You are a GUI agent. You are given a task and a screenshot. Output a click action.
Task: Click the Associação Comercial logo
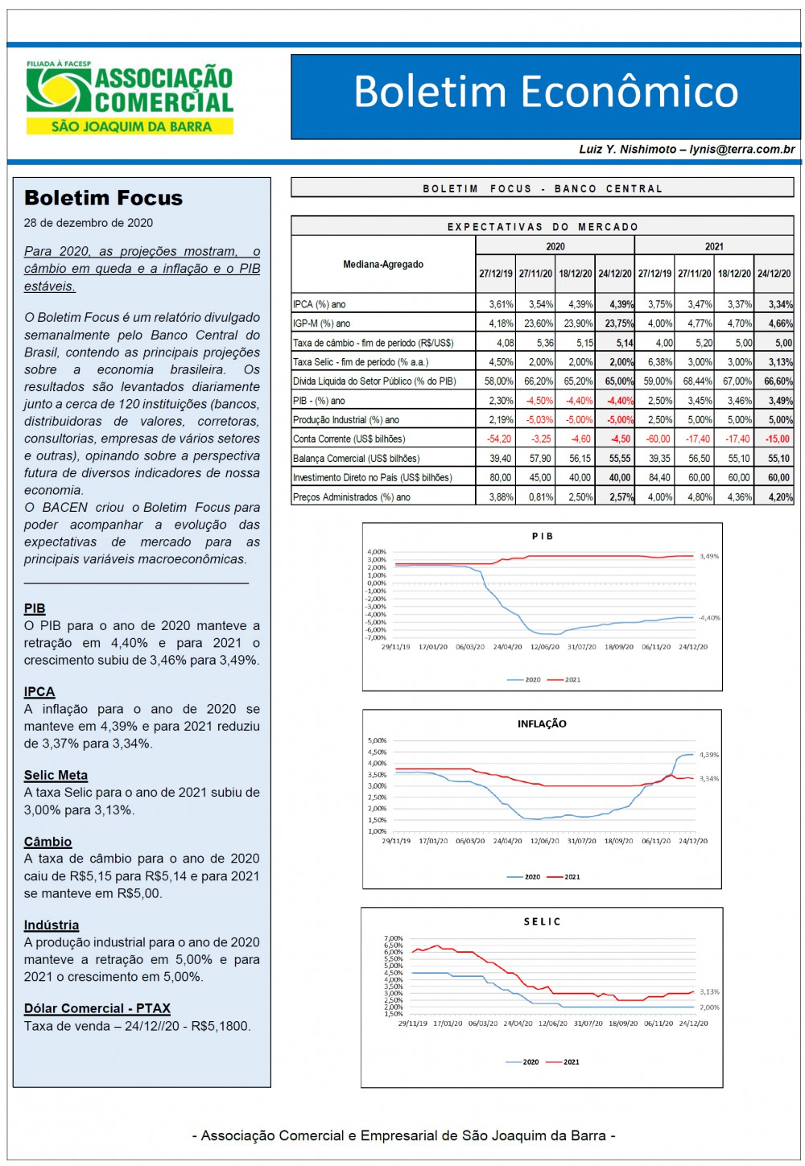[x=130, y=97]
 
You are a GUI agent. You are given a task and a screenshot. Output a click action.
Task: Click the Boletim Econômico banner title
[x=546, y=92]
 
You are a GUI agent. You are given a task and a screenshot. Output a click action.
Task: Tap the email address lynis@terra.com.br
[x=742, y=150]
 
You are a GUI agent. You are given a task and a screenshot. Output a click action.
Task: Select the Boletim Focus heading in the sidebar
[x=103, y=198]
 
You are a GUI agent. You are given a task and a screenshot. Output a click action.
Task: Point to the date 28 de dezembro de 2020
[x=89, y=223]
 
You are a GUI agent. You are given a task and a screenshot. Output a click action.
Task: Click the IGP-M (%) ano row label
[x=321, y=323]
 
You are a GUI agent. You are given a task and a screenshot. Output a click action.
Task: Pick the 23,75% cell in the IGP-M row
[x=618, y=323]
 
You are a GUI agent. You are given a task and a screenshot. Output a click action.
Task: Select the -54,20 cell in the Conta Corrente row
[x=499, y=439]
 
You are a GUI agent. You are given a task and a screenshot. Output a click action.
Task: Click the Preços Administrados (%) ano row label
[x=351, y=497]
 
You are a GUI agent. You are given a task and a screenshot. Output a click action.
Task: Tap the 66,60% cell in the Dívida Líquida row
[x=778, y=381]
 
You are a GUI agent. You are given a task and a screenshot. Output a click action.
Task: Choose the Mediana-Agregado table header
[x=383, y=265]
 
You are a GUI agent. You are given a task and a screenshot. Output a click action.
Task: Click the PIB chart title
[x=542, y=536]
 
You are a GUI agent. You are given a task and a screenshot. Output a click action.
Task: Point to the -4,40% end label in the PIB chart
[x=709, y=618]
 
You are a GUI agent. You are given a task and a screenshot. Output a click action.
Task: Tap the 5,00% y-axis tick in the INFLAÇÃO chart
[x=377, y=740]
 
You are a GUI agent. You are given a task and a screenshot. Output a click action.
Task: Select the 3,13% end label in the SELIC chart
[x=709, y=991]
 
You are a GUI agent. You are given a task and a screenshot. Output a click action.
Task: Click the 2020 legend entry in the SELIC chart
[x=522, y=1062]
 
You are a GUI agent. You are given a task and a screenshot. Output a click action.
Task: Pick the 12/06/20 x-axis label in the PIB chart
[x=545, y=646]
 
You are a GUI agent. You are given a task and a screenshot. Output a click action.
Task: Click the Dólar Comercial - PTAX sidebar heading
[x=97, y=1008]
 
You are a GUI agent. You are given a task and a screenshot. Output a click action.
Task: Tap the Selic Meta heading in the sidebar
[x=56, y=775]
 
